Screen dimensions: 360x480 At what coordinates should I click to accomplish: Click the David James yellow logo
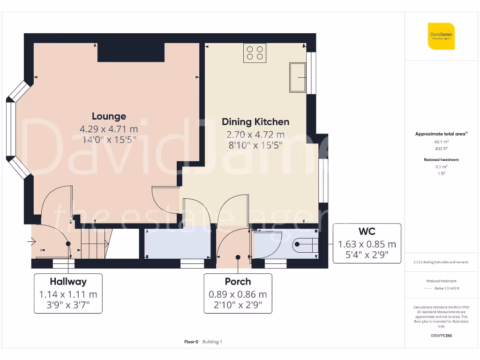point(441,36)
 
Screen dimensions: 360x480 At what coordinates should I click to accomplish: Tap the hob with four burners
point(255,52)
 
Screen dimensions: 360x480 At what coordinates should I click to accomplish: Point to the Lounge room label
point(109,116)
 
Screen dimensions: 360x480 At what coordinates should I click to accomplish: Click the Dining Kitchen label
point(255,122)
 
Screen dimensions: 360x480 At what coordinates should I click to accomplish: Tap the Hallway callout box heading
point(68,282)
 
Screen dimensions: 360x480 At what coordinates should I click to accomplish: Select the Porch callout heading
point(238,282)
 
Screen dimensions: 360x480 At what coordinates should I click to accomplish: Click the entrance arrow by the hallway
point(32,242)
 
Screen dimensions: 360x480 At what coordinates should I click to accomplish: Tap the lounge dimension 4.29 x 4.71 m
point(109,129)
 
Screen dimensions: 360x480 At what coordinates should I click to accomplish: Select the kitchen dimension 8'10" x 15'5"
point(255,145)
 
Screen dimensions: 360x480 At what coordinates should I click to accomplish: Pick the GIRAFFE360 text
point(441,336)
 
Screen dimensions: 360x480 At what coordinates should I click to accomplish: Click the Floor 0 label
point(191,342)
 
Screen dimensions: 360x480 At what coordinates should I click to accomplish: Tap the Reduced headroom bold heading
point(441,159)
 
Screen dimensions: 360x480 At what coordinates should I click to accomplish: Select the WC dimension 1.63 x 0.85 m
point(367,244)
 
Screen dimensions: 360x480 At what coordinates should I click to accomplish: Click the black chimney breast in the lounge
point(131,52)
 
